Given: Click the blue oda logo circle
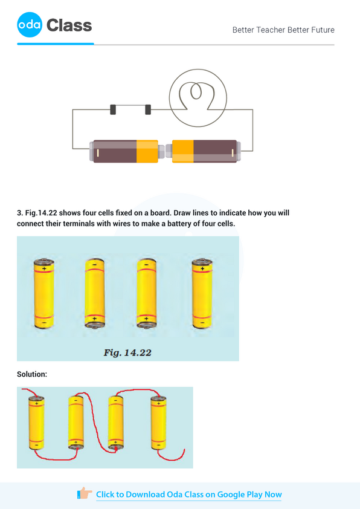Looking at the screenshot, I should [x=30, y=25].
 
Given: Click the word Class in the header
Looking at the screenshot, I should [x=69, y=25].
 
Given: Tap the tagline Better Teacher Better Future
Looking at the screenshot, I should [x=283, y=30].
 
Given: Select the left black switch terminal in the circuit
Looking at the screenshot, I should [x=113, y=109].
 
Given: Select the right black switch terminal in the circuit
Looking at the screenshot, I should [x=147, y=109].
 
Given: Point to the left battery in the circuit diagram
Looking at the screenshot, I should [x=124, y=151].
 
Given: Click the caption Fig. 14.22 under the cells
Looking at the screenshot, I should [x=127, y=352].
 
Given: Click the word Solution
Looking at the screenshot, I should [x=32, y=374].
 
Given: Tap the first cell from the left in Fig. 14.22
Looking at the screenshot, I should [x=43, y=293].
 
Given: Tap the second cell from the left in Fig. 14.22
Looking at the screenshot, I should [x=94, y=293].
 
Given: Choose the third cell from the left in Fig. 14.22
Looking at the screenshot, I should [x=146, y=293].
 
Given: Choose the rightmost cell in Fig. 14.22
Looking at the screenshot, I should [x=201, y=293].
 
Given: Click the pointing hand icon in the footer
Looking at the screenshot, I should [x=85, y=494].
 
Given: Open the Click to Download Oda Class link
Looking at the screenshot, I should [x=188, y=494].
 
